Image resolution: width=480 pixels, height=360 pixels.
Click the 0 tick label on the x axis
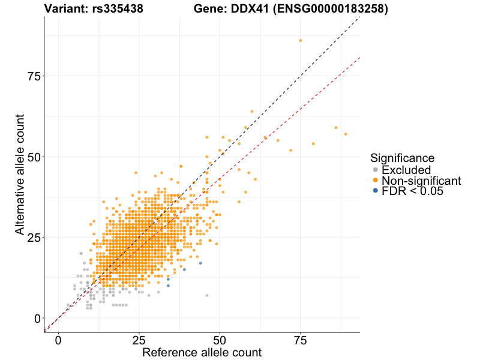tap(58, 340)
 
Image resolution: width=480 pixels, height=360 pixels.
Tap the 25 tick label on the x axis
tap(139, 340)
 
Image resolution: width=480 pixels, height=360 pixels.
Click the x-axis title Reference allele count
tap(202, 352)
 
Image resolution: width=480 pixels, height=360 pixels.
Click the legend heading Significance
tap(402, 158)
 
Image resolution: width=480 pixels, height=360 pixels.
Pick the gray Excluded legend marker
tap(376, 170)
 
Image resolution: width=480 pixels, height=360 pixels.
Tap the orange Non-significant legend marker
tap(376, 181)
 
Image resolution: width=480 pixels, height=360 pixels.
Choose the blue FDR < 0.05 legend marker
tap(376, 191)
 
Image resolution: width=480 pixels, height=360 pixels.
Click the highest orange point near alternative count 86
tap(301, 40)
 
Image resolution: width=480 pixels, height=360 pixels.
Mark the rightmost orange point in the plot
tap(346, 134)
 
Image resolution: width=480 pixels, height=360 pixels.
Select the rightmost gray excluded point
tap(207, 295)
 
